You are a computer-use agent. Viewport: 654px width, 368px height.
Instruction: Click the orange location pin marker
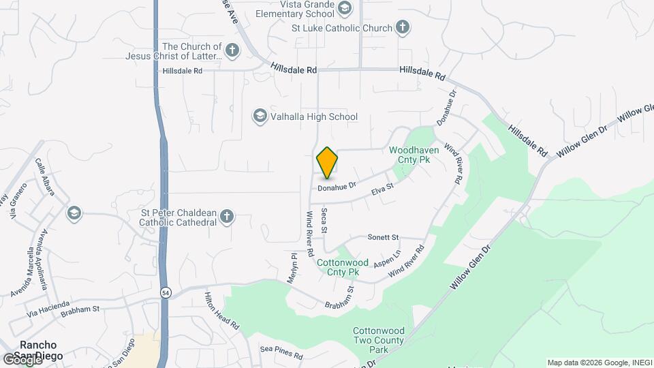[328, 163]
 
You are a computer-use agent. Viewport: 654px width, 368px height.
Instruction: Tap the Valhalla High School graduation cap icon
[260, 117]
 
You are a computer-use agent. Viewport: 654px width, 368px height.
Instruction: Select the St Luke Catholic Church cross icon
[403, 28]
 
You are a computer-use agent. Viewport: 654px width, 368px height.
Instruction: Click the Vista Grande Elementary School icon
[345, 8]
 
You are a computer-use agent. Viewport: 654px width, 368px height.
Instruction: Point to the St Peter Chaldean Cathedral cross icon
[227, 217]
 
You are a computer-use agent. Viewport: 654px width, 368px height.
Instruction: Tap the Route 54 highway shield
[166, 292]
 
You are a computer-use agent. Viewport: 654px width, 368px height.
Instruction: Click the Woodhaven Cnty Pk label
[414, 155]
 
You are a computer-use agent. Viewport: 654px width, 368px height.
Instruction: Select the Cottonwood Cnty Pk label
[342, 267]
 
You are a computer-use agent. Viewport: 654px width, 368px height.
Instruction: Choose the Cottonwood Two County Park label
[379, 340]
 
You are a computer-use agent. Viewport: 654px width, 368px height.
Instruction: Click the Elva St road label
[382, 189]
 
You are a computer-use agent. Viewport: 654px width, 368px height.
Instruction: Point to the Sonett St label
[383, 237]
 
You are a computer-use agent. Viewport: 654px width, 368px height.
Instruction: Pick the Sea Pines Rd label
[281, 349]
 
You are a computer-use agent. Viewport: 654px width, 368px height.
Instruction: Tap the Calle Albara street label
[44, 177]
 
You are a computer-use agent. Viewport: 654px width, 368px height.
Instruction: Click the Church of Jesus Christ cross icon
[232, 50]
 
